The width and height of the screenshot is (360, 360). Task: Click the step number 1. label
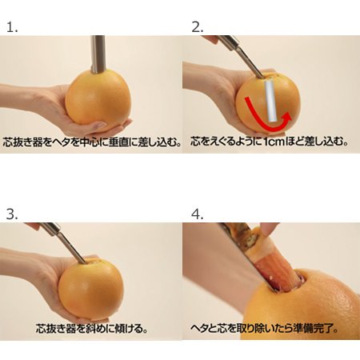(11, 26)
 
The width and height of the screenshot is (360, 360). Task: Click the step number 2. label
(198, 26)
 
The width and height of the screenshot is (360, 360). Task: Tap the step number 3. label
(11, 214)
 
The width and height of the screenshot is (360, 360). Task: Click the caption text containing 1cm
(269, 142)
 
